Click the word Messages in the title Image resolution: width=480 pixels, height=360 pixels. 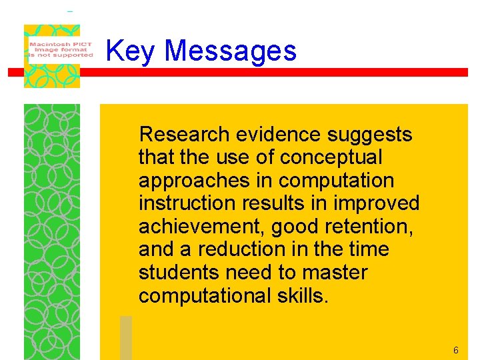coord(230,51)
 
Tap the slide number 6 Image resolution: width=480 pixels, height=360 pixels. coord(456,351)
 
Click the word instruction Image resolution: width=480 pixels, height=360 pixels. coord(183,203)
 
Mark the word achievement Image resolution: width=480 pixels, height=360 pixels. coord(202,227)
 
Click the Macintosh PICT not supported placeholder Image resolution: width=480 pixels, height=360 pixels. coord(60,48)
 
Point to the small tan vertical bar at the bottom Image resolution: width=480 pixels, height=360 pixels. coord(126,337)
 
